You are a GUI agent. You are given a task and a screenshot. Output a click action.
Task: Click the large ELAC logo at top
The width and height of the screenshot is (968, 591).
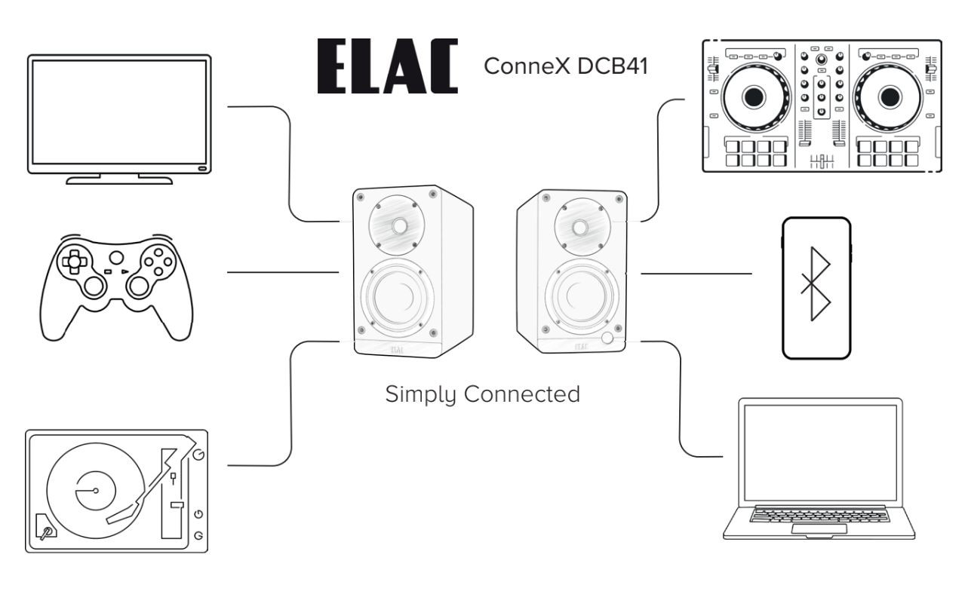pos(386,67)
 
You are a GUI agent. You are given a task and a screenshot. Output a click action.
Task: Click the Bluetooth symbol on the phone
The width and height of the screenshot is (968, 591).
pos(816,287)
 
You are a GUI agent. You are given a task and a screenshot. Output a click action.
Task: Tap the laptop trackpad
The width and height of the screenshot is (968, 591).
pos(821,534)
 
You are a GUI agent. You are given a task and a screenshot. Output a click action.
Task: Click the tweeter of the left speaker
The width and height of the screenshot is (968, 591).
pos(398,224)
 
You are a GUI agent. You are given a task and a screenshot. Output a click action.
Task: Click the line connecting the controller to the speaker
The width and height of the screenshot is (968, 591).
pos(283,271)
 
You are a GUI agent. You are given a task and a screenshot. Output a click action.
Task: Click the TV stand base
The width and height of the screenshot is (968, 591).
pos(118,180)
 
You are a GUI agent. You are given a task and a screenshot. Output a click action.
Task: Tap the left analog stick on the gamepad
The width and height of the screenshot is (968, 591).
pos(94,286)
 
